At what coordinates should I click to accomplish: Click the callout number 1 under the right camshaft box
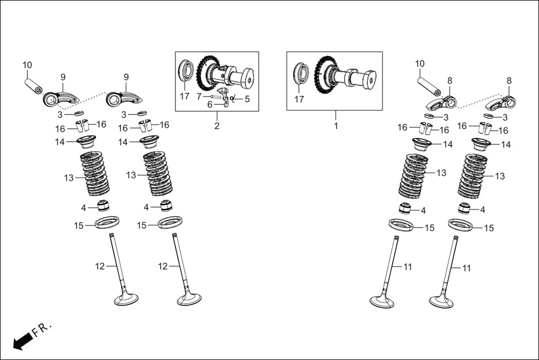(336, 126)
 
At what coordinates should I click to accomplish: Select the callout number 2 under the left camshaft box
(217, 126)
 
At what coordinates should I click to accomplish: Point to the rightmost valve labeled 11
(447, 273)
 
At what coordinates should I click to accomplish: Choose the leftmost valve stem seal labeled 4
(104, 205)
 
